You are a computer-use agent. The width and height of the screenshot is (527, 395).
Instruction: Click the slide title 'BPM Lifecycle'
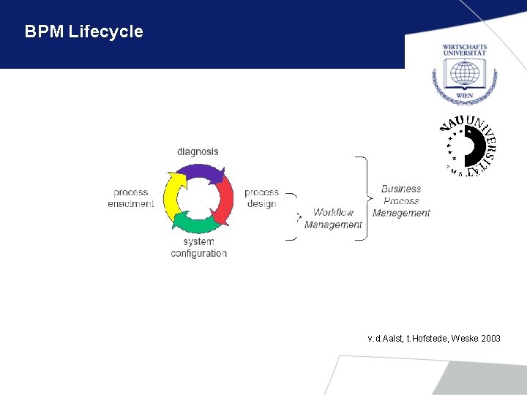point(83,32)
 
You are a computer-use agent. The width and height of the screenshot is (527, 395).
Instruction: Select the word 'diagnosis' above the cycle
point(198,151)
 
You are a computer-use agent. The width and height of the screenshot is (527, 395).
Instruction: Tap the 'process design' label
point(261,198)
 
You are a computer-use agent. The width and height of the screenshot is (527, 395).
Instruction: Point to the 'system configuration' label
point(198,247)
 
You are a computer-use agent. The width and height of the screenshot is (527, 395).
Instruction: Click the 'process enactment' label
point(131,198)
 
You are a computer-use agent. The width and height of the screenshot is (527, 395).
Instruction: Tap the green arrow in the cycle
point(195,222)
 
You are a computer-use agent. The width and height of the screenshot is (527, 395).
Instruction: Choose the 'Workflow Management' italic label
point(333,219)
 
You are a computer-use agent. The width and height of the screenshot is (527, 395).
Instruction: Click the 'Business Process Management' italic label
point(401,200)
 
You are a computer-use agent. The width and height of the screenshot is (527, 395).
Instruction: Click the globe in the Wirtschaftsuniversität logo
point(464,74)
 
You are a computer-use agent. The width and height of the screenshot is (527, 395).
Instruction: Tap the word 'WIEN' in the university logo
point(464,95)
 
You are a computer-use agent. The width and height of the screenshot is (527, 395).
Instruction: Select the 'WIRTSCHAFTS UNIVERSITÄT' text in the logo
point(464,50)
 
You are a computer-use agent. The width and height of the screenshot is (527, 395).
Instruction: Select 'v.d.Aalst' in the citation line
point(385,339)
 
